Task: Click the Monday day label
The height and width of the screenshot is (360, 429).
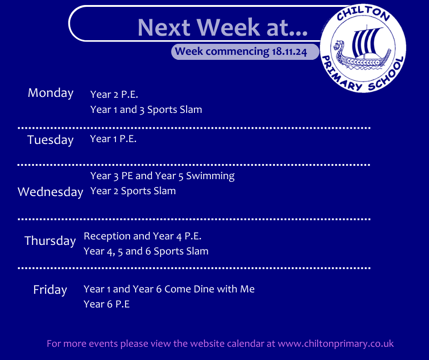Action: coord(51,93)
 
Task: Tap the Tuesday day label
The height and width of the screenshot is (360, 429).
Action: coord(51,140)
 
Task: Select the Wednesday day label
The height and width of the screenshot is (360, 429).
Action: coord(50,192)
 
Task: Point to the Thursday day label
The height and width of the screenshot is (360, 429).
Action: coord(50,241)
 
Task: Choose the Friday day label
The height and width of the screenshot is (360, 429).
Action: coord(50,290)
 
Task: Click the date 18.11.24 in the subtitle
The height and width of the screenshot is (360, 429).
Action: coord(289,52)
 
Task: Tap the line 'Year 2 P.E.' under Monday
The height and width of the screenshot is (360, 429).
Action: coord(114,95)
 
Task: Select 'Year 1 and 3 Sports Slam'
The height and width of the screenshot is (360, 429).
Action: coord(146,110)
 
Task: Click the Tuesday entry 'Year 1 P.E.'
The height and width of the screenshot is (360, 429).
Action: coord(113,139)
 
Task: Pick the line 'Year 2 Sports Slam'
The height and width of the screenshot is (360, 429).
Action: coord(133,191)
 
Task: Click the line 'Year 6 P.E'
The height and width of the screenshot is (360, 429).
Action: coord(107,304)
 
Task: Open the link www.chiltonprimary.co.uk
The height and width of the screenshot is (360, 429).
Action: coord(336,344)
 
